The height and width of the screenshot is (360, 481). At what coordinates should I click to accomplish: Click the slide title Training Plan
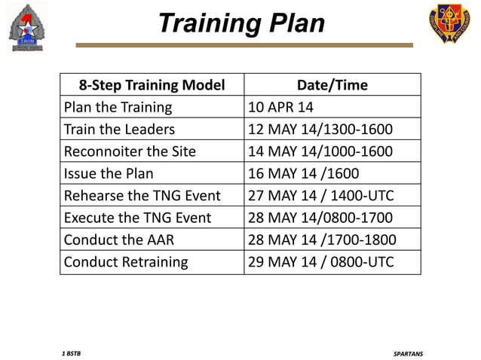[x=240, y=23]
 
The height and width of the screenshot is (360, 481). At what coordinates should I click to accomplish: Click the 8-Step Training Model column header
[x=152, y=85]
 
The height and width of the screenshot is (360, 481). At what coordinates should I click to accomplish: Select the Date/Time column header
[x=332, y=85]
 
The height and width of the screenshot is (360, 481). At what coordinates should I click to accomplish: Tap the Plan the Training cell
[x=118, y=108]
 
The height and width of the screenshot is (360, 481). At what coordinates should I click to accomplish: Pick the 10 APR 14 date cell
[x=280, y=108]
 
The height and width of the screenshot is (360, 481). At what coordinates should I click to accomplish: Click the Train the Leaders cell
[x=120, y=130]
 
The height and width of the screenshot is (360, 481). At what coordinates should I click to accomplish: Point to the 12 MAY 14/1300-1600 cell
[x=320, y=130]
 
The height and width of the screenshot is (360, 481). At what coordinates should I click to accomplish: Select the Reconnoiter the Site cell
[x=130, y=151]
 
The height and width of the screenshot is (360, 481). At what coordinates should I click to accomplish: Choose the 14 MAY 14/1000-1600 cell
[x=320, y=151]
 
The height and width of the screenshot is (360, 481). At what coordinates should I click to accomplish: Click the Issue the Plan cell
[x=109, y=174]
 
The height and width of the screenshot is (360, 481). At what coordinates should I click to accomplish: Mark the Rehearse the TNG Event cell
[x=142, y=196]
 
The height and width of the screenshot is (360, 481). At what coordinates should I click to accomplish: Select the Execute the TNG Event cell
[x=138, y=218]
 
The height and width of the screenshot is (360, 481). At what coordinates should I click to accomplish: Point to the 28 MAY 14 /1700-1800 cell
[x=322, y=240]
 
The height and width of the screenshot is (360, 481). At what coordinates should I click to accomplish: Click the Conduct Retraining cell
[x=126, y=263]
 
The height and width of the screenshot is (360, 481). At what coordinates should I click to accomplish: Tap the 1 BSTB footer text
[x=72, y=352]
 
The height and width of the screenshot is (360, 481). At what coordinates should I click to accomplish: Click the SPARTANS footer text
[x=408, y=352]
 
